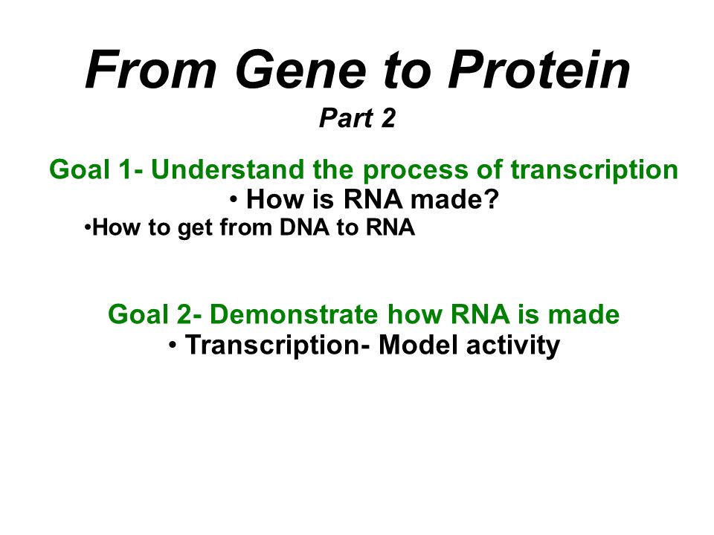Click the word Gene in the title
click(300, 70)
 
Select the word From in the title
click(151, 70)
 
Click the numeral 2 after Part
click(388, 118)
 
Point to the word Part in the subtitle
click(347, 118)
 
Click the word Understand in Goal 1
click(227, 169)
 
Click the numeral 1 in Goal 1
click(124, 169)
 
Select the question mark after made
click(492, 199)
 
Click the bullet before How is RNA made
click(234, 199)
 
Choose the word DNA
click(304, 227)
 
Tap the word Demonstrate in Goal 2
click(294, 314)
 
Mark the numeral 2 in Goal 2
click(185, 314)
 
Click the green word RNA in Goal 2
click(480, 314)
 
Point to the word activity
click(513, 346)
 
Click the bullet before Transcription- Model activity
click(172, 345)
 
